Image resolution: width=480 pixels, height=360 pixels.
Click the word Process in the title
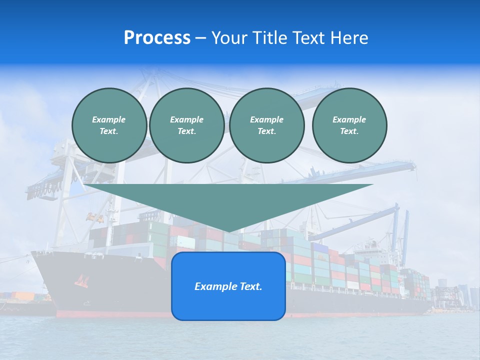(x=157, y=38)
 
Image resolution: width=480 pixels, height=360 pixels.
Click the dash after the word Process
(x=201, y=38)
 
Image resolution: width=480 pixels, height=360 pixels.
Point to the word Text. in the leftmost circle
(x=109, y=131)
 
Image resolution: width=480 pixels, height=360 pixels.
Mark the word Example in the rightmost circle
(x=349, y=119)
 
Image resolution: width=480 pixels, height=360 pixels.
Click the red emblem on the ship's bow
(x=81, y=281)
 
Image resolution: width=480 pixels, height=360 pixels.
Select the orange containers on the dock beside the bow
(x=22, y=296)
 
